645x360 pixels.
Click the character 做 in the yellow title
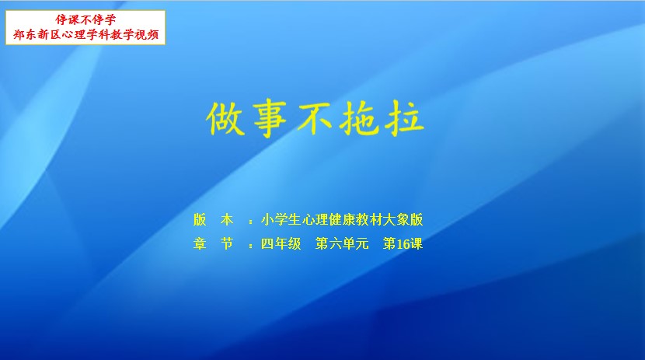point(226,118)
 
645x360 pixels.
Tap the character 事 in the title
point(270,118)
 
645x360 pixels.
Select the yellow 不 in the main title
point(315,118)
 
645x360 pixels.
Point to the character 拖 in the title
point(359,118)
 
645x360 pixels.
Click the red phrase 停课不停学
point(85,19)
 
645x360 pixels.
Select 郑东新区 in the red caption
point(37,34)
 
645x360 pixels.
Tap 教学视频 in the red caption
point(134,34)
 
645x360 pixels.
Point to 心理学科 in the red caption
point(86,34)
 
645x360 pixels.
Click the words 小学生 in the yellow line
point(281,220)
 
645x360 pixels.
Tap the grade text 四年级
point(281,243)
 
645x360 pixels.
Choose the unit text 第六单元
point(342,243)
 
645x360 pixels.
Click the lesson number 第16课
point(403,243)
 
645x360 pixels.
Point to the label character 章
point(200,243)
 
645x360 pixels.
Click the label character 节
point(227,243)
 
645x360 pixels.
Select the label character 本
point(227,220)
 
